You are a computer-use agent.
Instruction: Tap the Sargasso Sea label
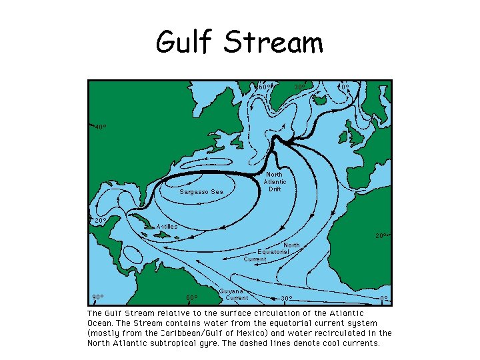tap(201, 192)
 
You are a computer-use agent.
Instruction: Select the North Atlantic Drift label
tap(275, 181)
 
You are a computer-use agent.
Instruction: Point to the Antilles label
tap(167, 227)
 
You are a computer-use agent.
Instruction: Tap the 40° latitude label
tap(100, 127)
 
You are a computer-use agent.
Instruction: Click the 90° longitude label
tap(97, 297)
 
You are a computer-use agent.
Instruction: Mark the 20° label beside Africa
tap(381, 235)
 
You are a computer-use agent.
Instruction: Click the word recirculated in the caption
tap(336, 333)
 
